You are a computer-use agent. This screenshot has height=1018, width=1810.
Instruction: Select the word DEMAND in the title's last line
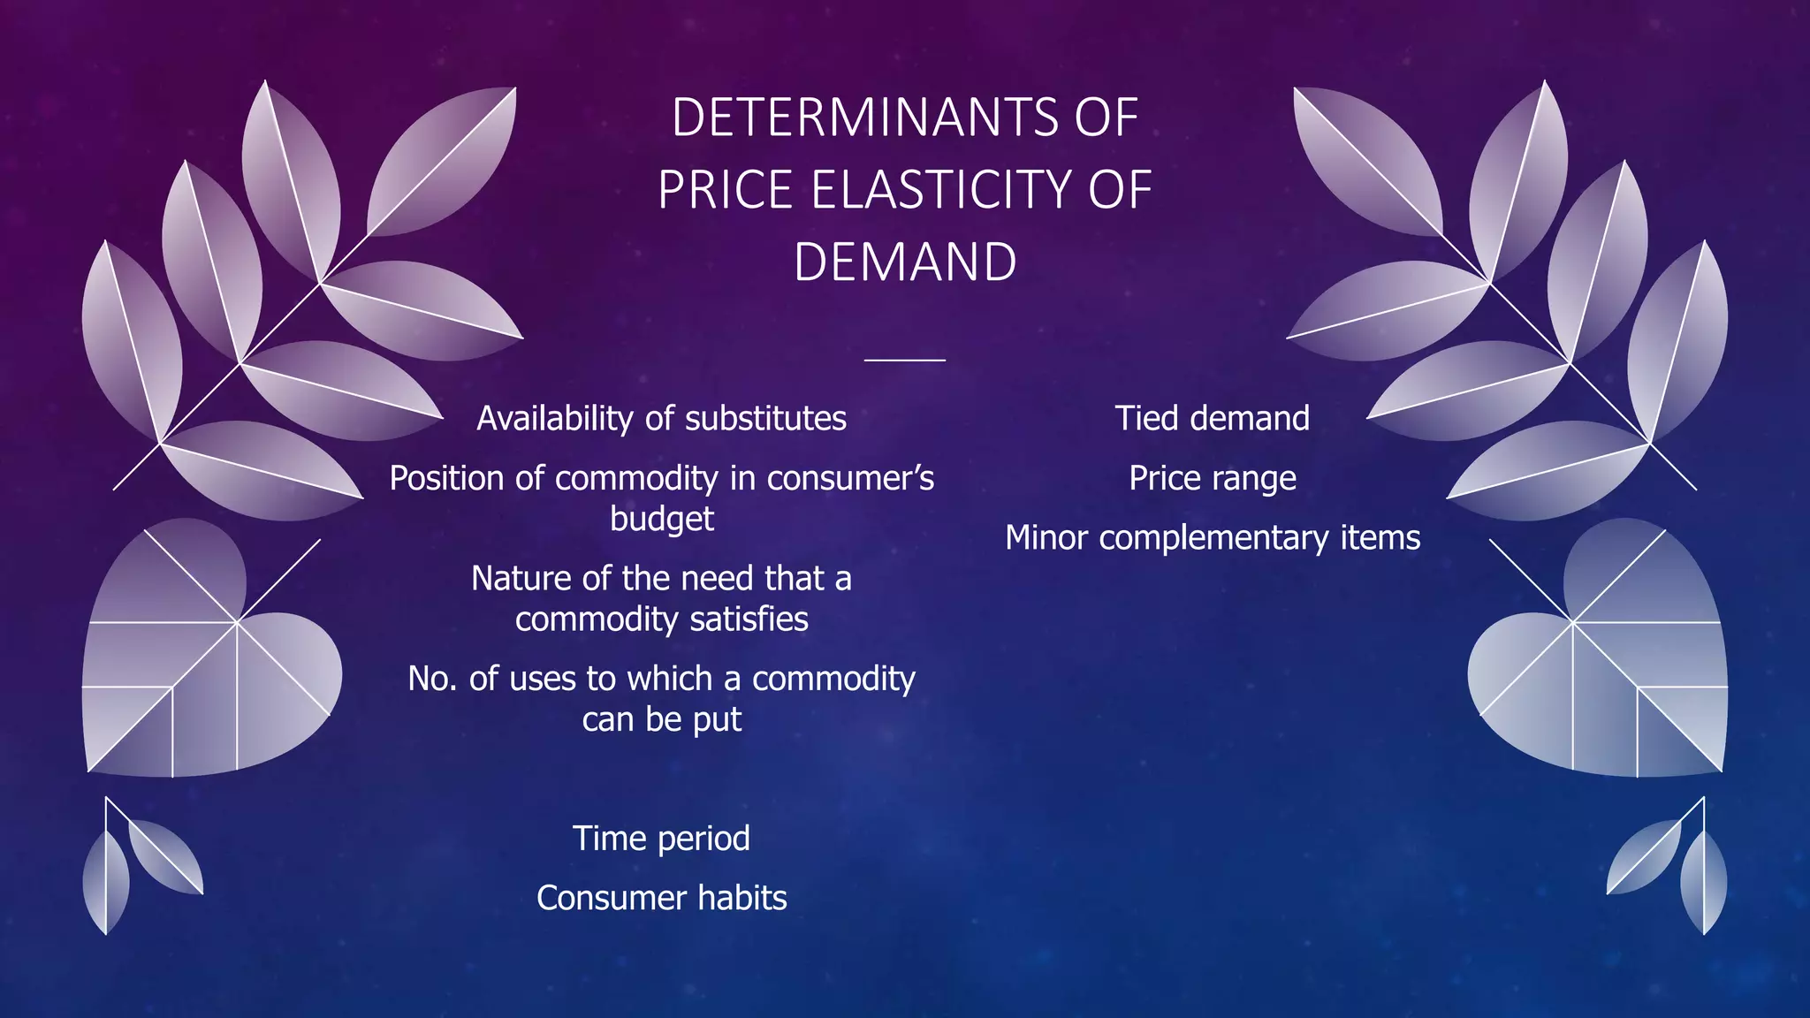coord(905,262)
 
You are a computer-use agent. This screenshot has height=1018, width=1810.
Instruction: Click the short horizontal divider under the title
coord(905,360)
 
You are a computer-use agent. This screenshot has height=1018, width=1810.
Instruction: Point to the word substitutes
coord(765,419)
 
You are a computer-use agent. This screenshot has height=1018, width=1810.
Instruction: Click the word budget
coord(662,519)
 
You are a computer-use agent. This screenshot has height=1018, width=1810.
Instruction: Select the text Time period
coord(662,839)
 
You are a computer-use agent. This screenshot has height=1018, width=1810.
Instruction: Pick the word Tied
coord(1146,419)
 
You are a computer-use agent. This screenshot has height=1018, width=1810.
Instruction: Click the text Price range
coord(1213,479)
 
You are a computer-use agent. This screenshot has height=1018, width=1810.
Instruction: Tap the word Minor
coord(1046,538)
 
